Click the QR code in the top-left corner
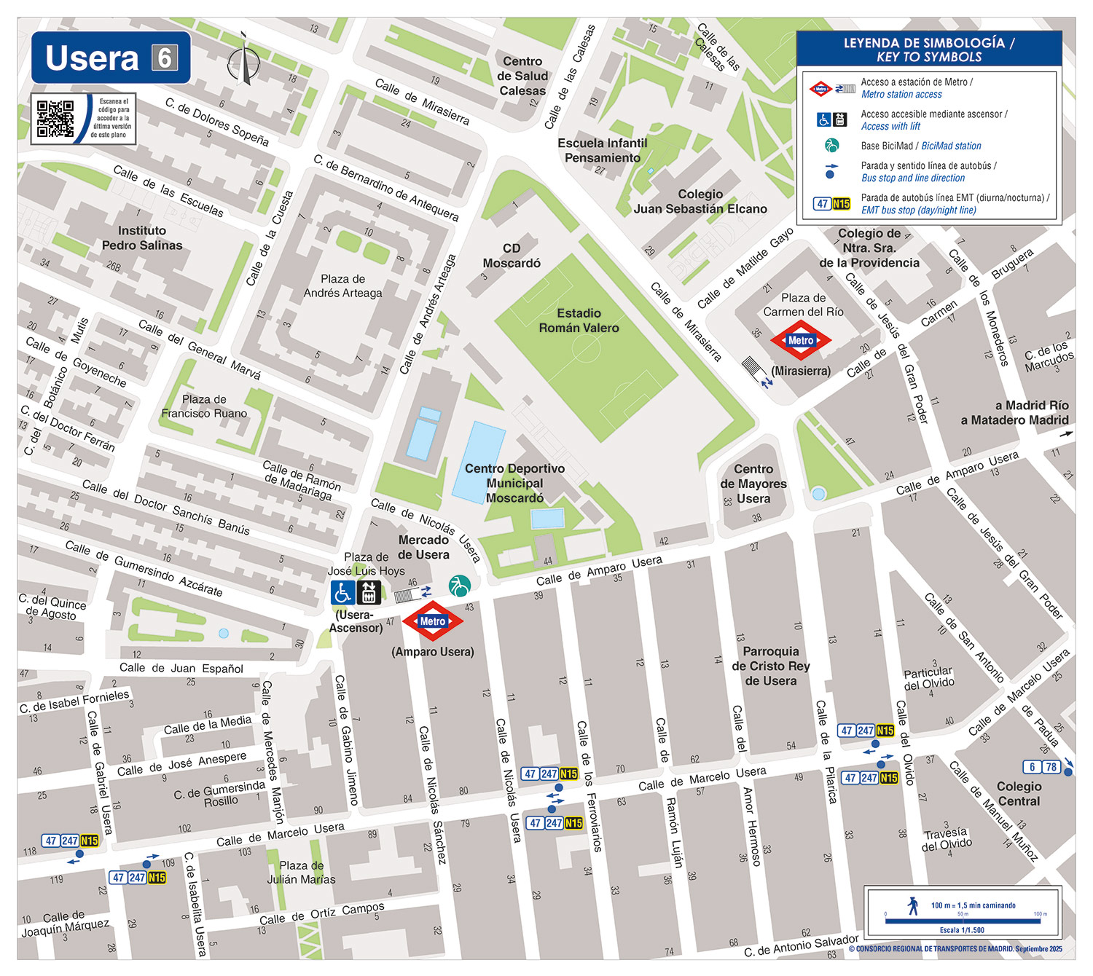(55, 119)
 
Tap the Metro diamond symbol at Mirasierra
(800, 340)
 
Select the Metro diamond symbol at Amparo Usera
(432, 621)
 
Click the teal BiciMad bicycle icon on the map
(459, 586)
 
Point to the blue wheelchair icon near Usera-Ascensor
(342, 593)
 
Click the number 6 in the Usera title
(165, 58)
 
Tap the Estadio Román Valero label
(579, 320)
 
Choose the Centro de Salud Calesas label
(522, 76)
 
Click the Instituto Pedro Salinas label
(142, 238)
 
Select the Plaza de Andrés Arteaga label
(342, 286)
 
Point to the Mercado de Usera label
(423, 547)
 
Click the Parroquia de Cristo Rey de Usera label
(770, 666)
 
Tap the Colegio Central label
(1019, 793)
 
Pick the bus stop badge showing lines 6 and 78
(1041, 767)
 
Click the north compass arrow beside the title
(243, 60)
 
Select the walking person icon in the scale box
(913, 905)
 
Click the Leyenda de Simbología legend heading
(928, 50)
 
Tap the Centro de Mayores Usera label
(753, 484)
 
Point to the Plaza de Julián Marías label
(301, 872)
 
